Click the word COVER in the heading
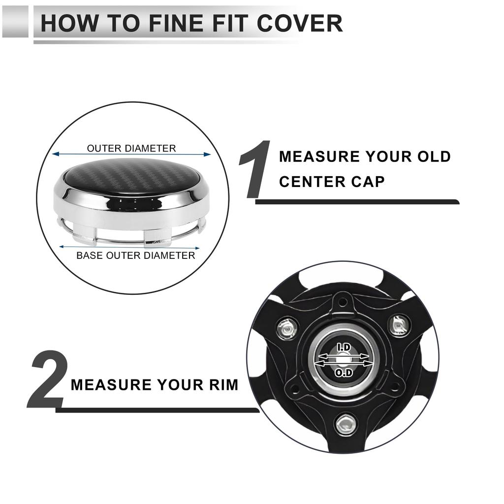pos(300,23)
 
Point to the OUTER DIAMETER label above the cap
pos(131,148)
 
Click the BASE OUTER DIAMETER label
pos(136,255)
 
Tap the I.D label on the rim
pos(344,347)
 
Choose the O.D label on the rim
pos(344,373)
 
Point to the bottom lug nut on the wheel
pos(345,425)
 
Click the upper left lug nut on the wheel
pos(287,328)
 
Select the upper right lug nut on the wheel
pos(400,325)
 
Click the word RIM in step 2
pos(224,385)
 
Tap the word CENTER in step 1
pos(312,182)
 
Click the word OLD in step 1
pos(434,157)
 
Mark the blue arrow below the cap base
pos(129,247)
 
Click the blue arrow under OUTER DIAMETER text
pos(131,154)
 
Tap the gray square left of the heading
pos(15,22)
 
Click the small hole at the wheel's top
pos(343,302)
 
